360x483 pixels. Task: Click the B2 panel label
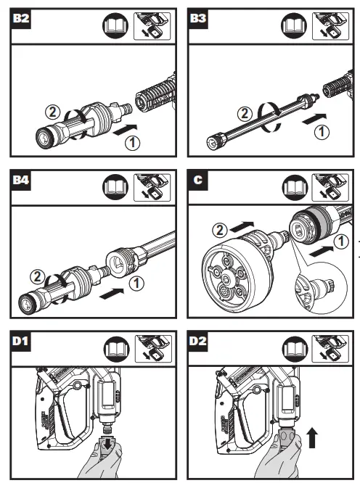coord(20,18)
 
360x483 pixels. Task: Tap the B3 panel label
coord(198,18)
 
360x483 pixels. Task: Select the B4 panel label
coord(20,180)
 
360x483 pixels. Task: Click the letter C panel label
coord(198,180)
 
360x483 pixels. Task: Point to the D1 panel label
coord(20,342)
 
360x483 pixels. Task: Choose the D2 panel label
coord(198,342)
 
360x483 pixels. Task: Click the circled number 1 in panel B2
coord(133,143)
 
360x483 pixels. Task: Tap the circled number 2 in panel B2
coord(52,112)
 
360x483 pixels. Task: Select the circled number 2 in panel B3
coord(245,113)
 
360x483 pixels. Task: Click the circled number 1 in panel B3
coord(322,132)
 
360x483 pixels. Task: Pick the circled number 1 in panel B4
coord(136,284)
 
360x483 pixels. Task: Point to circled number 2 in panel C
coord(219,230)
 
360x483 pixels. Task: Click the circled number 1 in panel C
coord(341,241)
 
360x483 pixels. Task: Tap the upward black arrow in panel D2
coord(312,437)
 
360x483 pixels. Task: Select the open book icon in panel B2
coord(115,26)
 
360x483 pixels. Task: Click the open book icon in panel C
coord(295,188)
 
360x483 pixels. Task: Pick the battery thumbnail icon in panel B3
coord(330,26)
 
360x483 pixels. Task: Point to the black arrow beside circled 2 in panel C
coord(242,227)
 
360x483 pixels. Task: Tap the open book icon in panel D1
coord(117,349)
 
